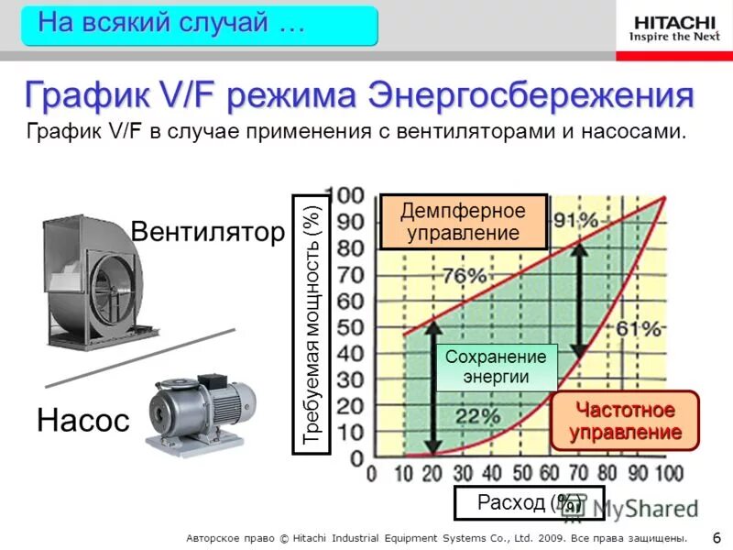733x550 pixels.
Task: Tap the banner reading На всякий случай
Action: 200,25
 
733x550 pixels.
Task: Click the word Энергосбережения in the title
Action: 531,95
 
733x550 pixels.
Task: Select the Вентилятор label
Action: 208,232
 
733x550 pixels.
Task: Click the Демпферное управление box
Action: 463,222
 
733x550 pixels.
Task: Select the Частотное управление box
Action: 625,421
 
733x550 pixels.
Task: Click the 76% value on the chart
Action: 465,276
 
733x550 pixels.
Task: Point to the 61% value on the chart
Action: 639,328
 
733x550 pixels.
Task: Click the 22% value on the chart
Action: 477,415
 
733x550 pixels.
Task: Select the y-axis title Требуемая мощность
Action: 313,324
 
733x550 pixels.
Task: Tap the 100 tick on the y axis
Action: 348,195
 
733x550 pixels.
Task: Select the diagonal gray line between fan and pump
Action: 140,357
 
